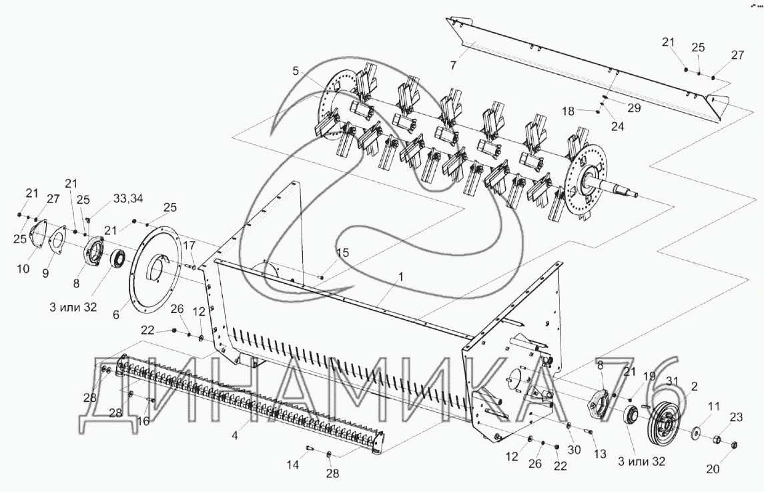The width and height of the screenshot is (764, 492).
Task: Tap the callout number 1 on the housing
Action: pyautogui.click(x=402, y=275)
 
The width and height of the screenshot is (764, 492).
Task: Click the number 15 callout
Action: pyautogui.click(x=342, y=252)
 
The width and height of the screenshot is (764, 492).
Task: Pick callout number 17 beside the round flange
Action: pyautogui.click(x=189, y=245)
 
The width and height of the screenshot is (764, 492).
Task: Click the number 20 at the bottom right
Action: pyautogui.click(x=713, y=469)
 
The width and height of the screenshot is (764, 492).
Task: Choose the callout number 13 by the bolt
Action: pyautogui.click(x=599, y=454)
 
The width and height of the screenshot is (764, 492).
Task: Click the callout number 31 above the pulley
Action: pyautogui.click(x=671, y=381)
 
